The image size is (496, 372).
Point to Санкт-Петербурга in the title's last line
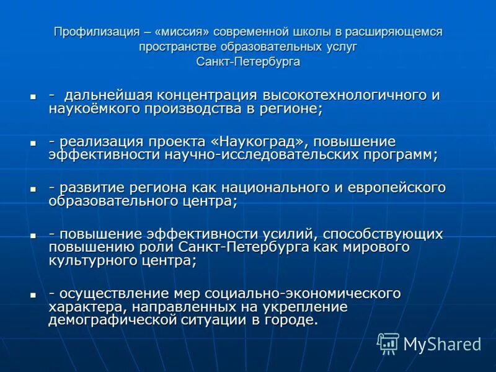click(248, 62)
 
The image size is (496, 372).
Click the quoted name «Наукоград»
click(258, 141)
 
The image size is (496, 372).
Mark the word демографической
click(110, 321)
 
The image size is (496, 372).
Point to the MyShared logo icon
click(388, 343)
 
